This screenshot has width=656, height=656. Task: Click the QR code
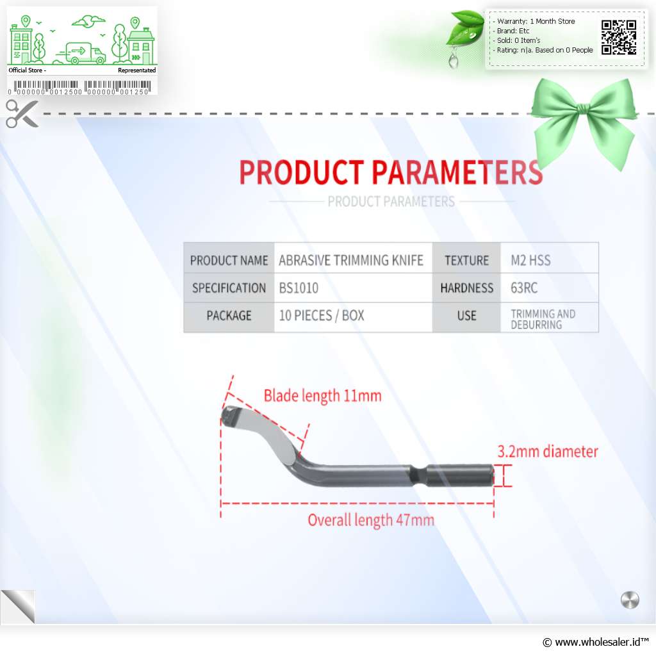(619, 37)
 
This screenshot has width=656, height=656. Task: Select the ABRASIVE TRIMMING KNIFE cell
(353, 260)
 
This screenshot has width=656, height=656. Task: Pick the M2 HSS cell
(549, 260)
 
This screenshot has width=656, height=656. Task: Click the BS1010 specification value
(299, 288)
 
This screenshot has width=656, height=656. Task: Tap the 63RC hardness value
(524, 288)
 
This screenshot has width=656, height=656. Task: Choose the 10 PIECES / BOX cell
(353, 317)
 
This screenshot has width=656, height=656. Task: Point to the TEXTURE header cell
(466, 260)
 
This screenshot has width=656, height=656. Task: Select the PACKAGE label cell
(229, 317)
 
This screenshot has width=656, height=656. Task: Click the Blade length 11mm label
(323, 395)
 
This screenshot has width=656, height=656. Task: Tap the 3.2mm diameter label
(548, 452)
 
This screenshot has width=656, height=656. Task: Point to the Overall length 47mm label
(371, 520)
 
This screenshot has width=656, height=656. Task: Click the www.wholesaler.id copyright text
(596, 642)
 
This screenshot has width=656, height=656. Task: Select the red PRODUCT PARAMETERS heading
(391, 172)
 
